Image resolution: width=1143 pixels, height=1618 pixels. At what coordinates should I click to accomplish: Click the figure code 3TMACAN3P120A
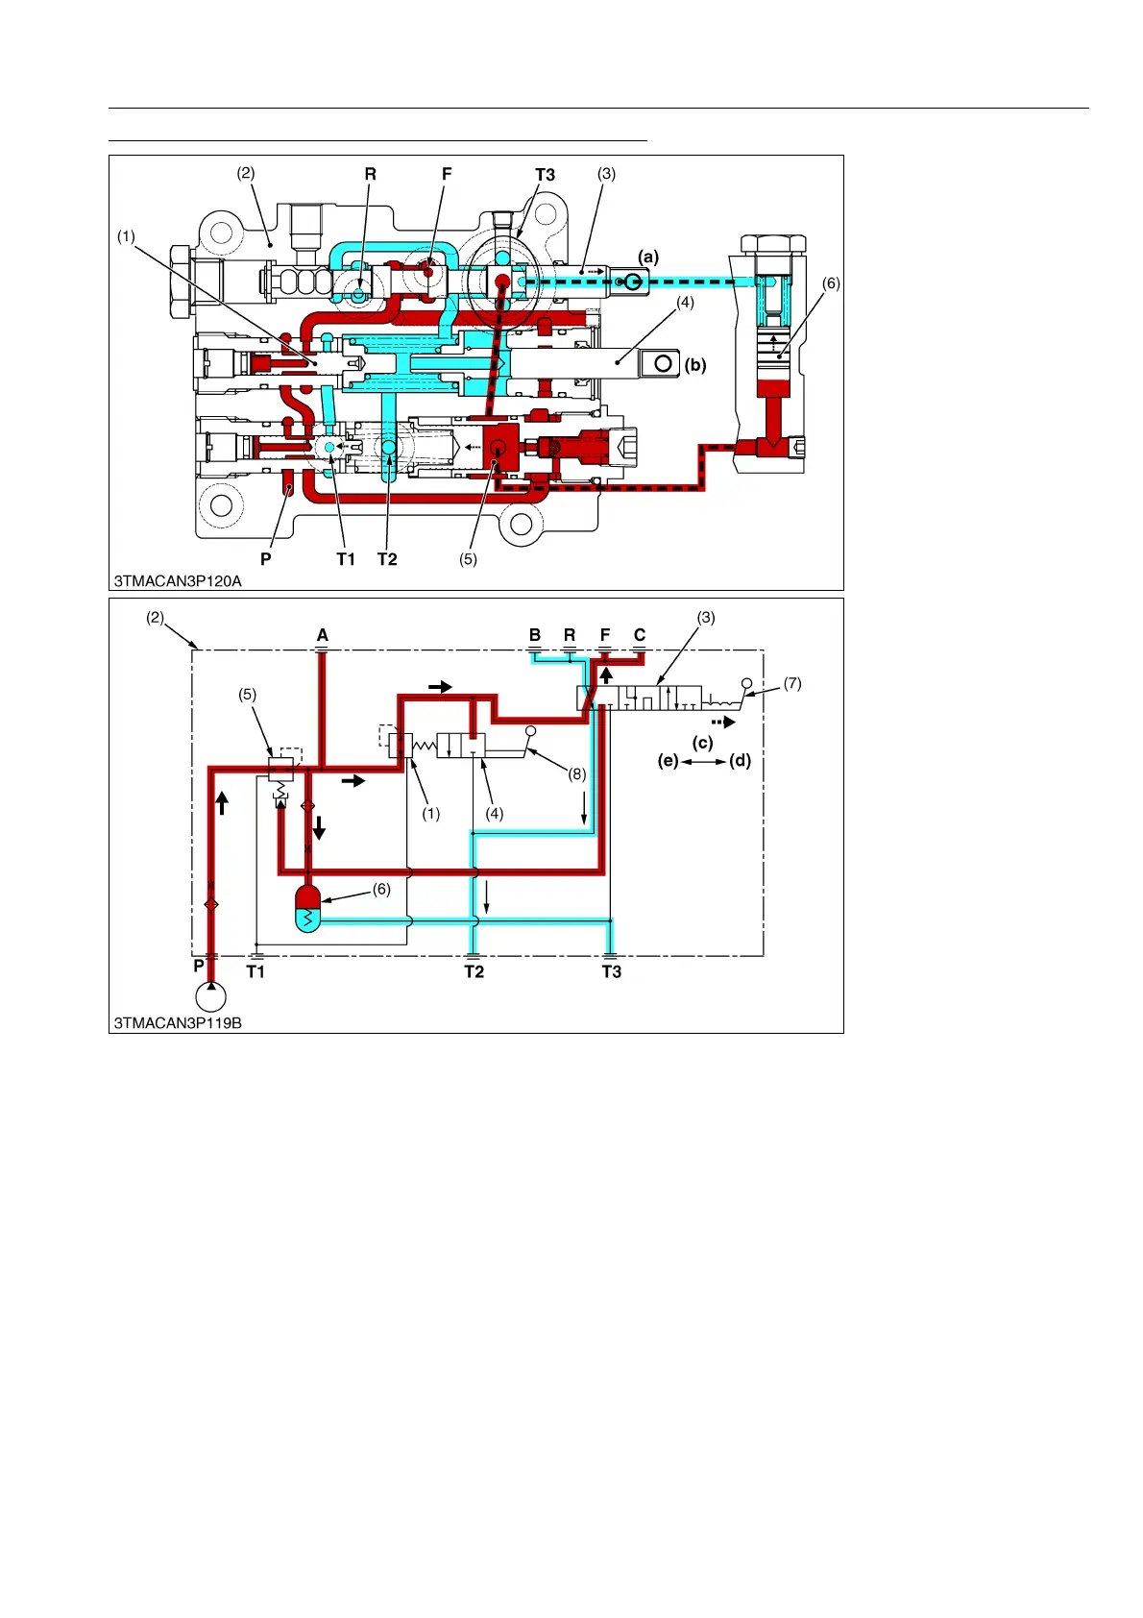click(178, 580)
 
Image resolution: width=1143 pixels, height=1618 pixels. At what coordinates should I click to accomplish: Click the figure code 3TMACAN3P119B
click(178, 1023)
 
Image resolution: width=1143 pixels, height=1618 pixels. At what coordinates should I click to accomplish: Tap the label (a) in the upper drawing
click(649, 257)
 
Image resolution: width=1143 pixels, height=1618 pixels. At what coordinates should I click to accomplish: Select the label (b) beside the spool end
click(695, 365)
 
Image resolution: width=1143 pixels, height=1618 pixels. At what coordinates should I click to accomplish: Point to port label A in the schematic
click(323, 635)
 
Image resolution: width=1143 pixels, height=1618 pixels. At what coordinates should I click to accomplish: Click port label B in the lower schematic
click(535, 635)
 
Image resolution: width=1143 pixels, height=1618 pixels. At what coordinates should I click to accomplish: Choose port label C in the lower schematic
click(640, 635)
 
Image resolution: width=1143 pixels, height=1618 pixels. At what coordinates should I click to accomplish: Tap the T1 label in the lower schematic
click(255, 972)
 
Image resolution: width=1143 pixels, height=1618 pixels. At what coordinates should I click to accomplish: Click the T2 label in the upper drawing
click(387, 559)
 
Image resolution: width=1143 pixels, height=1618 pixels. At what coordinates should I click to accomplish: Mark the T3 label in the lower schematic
click(611, 972)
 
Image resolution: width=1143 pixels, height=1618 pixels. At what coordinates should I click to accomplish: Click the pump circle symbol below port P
click(210, 997)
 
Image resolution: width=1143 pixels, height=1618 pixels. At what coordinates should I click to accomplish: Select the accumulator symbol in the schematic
click(307, 907)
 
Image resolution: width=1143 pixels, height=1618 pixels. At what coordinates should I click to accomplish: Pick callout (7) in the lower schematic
click(792, 684)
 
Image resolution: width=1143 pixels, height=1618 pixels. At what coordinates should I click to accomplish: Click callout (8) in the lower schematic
click(576, 774)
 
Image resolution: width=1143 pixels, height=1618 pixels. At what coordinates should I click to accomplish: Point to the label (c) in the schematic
click(703, 743)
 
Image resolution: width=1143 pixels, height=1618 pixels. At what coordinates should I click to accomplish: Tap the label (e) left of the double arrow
click(669, 761)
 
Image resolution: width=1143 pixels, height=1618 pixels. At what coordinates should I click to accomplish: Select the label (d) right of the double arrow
click(740, 761)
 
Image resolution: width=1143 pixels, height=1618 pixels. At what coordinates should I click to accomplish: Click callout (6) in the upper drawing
click(831, 283)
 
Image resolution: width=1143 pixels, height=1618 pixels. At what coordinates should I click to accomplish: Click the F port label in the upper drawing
click(447, 175)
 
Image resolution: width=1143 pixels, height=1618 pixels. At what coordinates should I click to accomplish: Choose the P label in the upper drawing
click(266, 559)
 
